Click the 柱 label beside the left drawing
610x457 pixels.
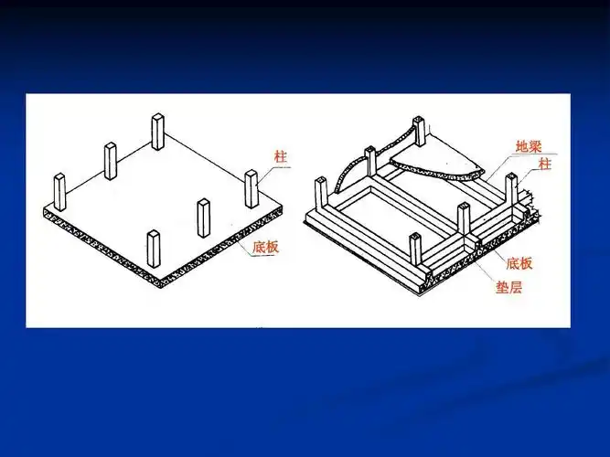point(281,156)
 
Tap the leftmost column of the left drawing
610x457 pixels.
point(61,191)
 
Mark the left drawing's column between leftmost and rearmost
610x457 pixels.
point(111,161)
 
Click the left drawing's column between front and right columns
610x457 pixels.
point(203,218)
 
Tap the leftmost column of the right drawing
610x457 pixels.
point(321,195)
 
